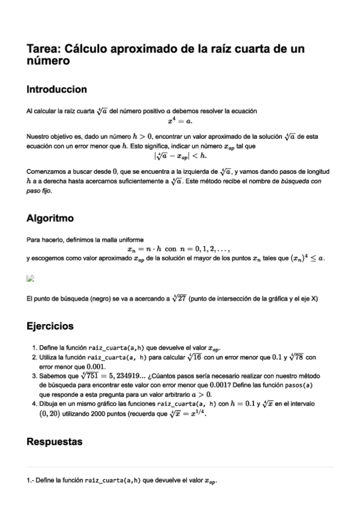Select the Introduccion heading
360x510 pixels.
tap(57, 90)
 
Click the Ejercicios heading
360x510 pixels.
tap(50, 327)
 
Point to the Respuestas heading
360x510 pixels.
tap(55, 442)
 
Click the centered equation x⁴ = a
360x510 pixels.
tap(180, 120)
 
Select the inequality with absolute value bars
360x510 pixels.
tap(180, 156)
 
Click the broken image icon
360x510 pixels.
tap(30, 278)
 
